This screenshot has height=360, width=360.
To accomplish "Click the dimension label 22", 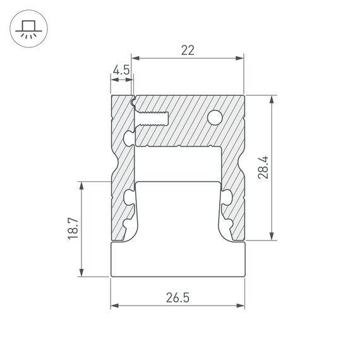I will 187,51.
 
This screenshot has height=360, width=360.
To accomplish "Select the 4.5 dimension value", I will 122,70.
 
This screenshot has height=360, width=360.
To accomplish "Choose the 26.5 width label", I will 177,297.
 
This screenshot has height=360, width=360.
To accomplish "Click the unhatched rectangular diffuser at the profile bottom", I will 177,259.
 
